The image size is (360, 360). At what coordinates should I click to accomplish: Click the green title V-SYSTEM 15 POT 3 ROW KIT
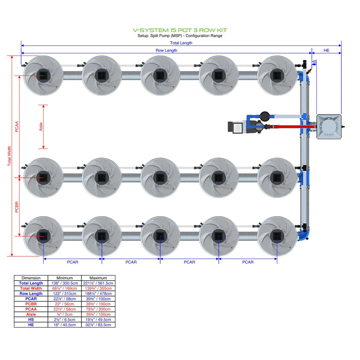[180, 30]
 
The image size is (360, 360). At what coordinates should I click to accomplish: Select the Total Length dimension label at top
[181, 43]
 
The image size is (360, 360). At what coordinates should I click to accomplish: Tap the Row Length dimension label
[166, 50]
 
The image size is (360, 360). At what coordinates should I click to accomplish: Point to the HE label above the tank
[326, 50]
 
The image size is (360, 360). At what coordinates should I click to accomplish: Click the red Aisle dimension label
[41, 127]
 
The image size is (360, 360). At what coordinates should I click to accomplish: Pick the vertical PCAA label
[17, 127]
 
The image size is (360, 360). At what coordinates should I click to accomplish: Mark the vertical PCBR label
[17, 207]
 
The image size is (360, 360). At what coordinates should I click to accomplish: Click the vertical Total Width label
[9, 156]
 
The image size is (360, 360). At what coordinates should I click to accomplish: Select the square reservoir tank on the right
[329, 127]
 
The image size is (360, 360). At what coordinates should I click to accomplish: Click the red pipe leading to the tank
[294, 127]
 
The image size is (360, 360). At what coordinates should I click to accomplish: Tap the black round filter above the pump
[265, 116]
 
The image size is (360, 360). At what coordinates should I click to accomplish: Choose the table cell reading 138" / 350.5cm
[65, 283]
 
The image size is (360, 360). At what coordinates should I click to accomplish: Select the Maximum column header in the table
[98, 278]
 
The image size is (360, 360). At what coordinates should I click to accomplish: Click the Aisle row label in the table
[31, 314]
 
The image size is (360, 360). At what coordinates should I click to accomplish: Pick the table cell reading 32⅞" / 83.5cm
[98, 325]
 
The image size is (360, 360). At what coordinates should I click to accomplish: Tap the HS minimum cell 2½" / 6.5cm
[65, 320]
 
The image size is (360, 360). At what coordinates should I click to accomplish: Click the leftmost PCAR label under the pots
[73, 262]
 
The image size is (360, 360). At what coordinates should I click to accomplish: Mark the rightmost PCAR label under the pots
[248, 262]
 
